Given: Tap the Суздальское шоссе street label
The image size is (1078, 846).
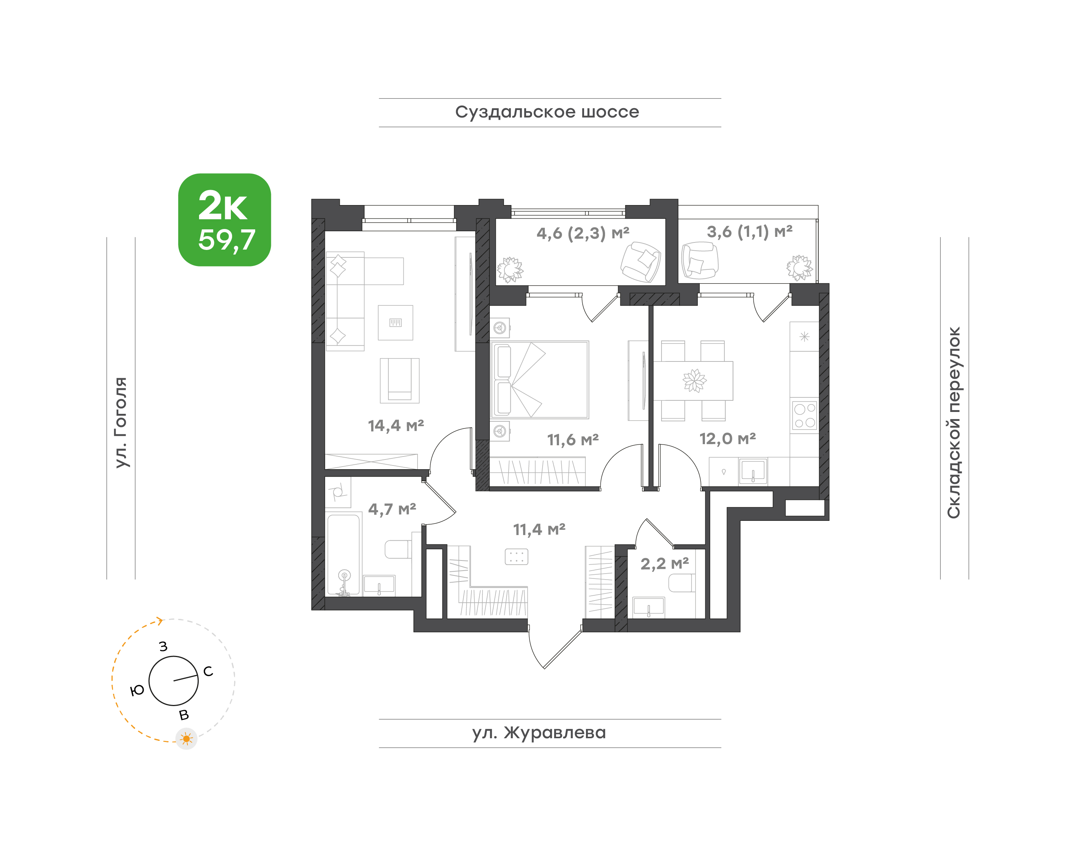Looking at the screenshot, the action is point(547,112).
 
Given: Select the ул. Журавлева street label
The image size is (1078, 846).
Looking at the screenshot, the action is point(539,733).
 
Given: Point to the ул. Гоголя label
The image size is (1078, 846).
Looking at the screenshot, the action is point(121,422).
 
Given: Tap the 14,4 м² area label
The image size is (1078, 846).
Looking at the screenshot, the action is point(396,425).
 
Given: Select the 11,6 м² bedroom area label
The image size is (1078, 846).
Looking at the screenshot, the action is point(573,439).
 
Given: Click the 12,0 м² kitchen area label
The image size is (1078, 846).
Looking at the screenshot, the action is point(727,439).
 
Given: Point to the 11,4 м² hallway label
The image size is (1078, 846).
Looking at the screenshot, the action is point(539,529).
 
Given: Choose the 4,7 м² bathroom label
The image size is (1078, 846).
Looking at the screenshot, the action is point(392,509).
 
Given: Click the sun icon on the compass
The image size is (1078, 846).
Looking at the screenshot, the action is point(186,739).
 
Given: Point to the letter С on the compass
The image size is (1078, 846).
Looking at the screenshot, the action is point(208,671).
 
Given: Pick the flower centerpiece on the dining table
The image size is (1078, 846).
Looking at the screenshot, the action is point(694,381).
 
